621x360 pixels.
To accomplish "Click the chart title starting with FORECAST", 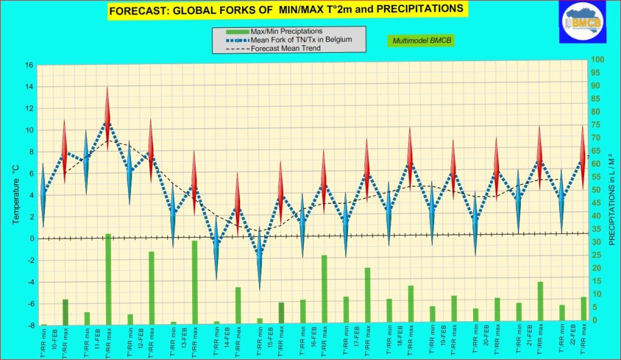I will click(286, 10).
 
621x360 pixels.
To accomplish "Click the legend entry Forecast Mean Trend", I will click(284, 48).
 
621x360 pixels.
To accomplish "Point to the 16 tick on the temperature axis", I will click(29, 65).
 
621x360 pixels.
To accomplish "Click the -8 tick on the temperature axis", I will click(29, 325).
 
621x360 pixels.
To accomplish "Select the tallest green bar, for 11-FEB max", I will click(108, 279).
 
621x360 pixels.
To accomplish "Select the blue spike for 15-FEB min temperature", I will click(260, 258).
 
